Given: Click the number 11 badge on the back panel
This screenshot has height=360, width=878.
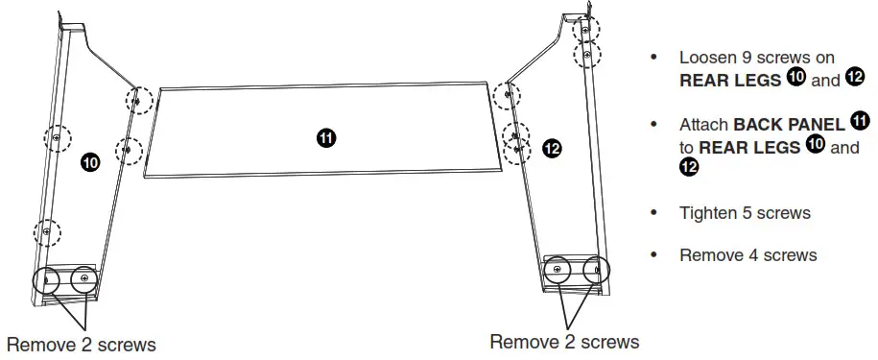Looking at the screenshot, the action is pyautogui.click(x=326, y=137).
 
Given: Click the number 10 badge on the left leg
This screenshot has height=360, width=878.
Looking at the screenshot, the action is pyautogui.click(x=89, y=163).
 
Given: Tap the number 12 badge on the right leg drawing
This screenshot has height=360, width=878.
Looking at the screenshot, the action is pyautogui.click(x=552, y=148).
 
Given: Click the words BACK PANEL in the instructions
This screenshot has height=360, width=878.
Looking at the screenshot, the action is pyautogui.click(x=789, y=125).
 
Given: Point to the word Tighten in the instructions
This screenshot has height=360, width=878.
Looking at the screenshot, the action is pyautogui.click(x=708, y=212).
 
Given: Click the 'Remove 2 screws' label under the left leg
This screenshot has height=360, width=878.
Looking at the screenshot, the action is pyautogui.click(x=81, y=344).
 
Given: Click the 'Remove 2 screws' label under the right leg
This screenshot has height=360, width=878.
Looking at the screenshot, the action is pyautogui.click(x=564, y=341).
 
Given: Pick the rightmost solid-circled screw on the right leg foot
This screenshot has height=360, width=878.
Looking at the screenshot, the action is pyautogui.click(x=589, y=270).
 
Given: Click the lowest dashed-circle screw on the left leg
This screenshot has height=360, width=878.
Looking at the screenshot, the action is pyautogui.click(x=46, y=232).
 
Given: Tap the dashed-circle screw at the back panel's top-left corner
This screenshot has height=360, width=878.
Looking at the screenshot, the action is pyautogui.click(x=138, y=99).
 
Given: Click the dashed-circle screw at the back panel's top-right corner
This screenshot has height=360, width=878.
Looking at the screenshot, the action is pyautogui.click(x=506, y=94).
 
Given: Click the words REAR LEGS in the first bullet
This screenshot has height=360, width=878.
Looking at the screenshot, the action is pyautogui.click(x=730, y=81).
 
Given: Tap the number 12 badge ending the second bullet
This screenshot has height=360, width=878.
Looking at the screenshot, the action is pyautogui.click(x=688, y=168).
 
